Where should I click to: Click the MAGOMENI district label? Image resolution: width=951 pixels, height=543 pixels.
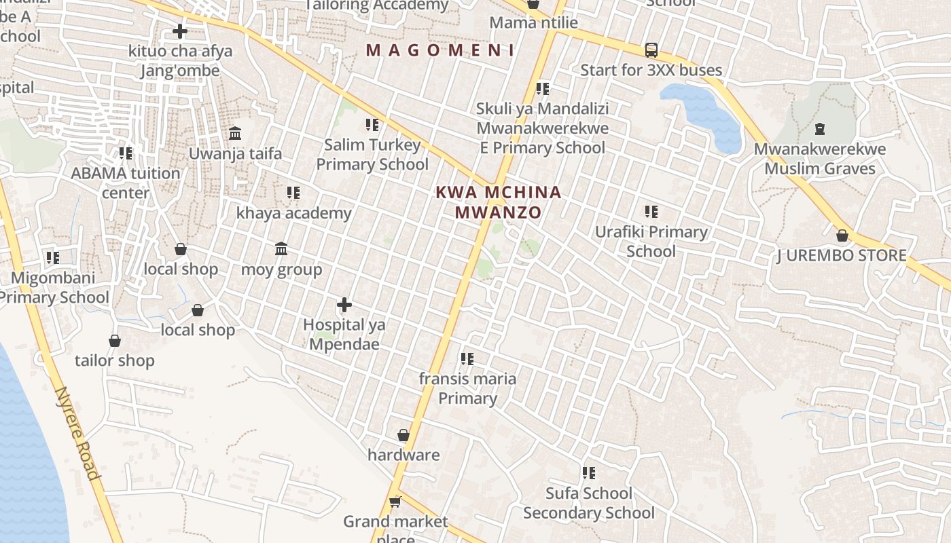(439, 50)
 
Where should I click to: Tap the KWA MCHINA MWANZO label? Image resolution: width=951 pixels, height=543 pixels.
(499, 202)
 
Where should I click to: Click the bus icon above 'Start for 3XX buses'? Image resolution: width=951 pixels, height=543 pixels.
(651, 50)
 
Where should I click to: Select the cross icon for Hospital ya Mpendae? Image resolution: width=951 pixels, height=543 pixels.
(344, 305)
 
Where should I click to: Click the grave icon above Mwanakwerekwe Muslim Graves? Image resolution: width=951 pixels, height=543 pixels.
(820, 128)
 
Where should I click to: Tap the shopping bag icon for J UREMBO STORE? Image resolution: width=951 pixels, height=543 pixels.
(842, 236)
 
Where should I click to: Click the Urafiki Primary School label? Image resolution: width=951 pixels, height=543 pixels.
(651, 242)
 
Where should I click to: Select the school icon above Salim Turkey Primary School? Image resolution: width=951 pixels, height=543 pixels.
(372, 125)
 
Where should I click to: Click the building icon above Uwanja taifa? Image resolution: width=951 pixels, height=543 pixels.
(235, 132)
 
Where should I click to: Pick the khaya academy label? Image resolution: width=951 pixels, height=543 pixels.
(294, 213)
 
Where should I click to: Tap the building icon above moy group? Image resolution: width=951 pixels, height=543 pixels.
(281, 249)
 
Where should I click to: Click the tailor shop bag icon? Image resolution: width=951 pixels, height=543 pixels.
(115, 340)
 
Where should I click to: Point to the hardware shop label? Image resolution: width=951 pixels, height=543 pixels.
(403, 455)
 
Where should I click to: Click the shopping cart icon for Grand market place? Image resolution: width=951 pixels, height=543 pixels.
(395, 502)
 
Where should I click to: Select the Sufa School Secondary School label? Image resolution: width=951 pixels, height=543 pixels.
(589, 503)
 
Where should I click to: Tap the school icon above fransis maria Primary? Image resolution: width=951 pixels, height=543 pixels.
(467, 358)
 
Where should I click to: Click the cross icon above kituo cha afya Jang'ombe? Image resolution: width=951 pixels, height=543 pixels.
(179, 31)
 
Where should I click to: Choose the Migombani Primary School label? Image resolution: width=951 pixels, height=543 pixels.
(53, 288)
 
